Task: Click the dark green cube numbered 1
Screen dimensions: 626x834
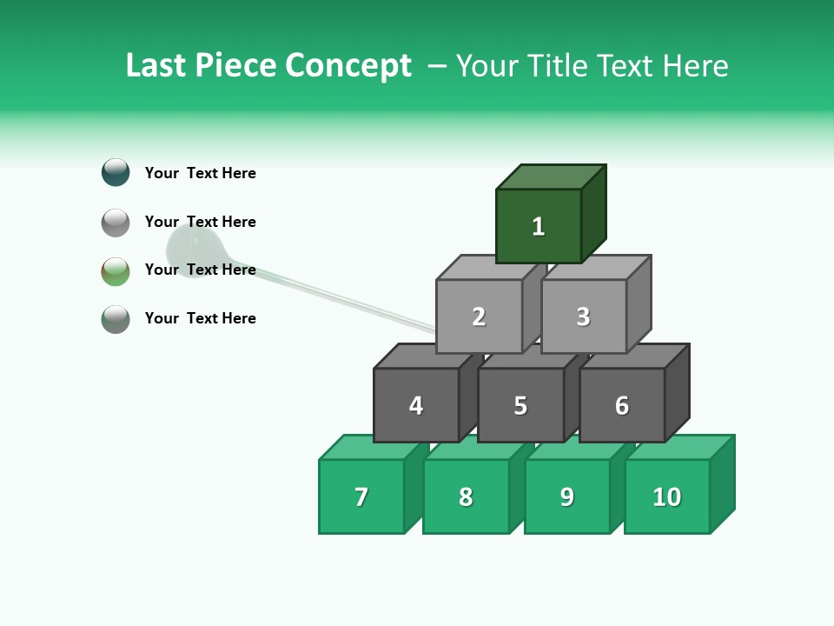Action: pos(539,226)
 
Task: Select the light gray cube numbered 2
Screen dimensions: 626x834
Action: pos(479,316)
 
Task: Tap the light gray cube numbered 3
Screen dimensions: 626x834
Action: pos(583,316)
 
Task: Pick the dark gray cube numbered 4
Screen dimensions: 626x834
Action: pos(416,405)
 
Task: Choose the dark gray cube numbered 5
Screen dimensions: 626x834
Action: pos(520,405)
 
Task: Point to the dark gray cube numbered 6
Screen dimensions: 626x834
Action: pos(622,405)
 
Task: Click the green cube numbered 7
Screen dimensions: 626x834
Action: pos(361,496)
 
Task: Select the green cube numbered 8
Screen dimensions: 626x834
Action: pos(466,496)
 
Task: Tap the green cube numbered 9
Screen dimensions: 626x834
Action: pos(567,496)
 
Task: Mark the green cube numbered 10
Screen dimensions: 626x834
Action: pos(667,496)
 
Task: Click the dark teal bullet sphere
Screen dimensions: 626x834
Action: pos(116,172)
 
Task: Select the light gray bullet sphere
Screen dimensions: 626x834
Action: pos(116,223)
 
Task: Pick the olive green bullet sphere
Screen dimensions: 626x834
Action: pos(116,271)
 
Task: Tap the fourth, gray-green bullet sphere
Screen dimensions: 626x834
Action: pos(116,319)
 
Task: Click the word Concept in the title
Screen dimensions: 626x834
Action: pos(348,66)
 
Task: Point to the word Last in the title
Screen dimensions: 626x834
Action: pos(155,66)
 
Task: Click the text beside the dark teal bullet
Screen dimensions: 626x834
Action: pos(201,173)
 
